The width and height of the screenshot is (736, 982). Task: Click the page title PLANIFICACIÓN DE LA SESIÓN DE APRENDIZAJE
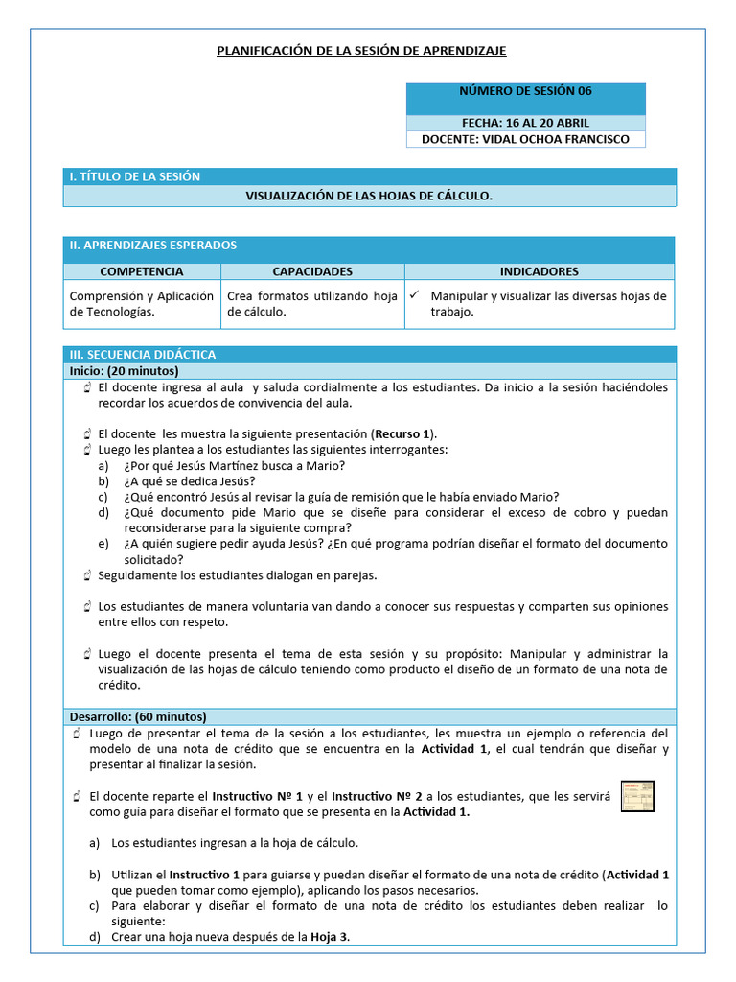pyautogui.click(x=362, y=50)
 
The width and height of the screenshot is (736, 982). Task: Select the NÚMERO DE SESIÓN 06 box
pyautogui.click(x=525, y=92)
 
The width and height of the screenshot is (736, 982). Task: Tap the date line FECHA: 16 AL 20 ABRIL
pyautogui.click(x=525, y=123)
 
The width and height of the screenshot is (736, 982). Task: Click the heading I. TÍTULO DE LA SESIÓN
pyautogui.click(x=134, y=176)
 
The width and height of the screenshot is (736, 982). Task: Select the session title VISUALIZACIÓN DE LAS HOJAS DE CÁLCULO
pyautogui.click(x=369, y=196)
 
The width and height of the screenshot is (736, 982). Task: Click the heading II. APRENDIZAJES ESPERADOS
pyautogui.click(x=152, y=245)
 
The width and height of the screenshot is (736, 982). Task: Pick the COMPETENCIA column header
pyautogui.click(x=141, y=271)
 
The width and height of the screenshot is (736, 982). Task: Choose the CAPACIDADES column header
pyautogui.click(x=312, y=271)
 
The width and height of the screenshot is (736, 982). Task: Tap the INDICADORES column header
pyautogui.click(x=539, y=271)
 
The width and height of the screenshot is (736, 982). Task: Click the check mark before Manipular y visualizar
pyautogui.click(x=414, y=296)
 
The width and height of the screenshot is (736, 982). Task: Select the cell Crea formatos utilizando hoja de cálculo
pyautogui.click(x=311, y=304)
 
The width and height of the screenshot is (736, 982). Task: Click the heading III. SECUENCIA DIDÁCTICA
pyautogui.click(x=142, y=354)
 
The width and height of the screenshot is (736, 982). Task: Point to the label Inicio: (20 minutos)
pyautogui.click(x=124, y=370)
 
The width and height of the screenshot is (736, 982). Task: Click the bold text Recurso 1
pyautogui.click(x=402, y=433)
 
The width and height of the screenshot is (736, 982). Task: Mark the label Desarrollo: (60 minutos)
pyautogui.click(x=137, y=716)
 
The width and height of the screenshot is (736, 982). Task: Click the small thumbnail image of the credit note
pyautogui.click(x=637, y=797)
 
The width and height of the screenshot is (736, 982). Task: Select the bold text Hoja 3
pyautogui.click(x=329, y=937)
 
